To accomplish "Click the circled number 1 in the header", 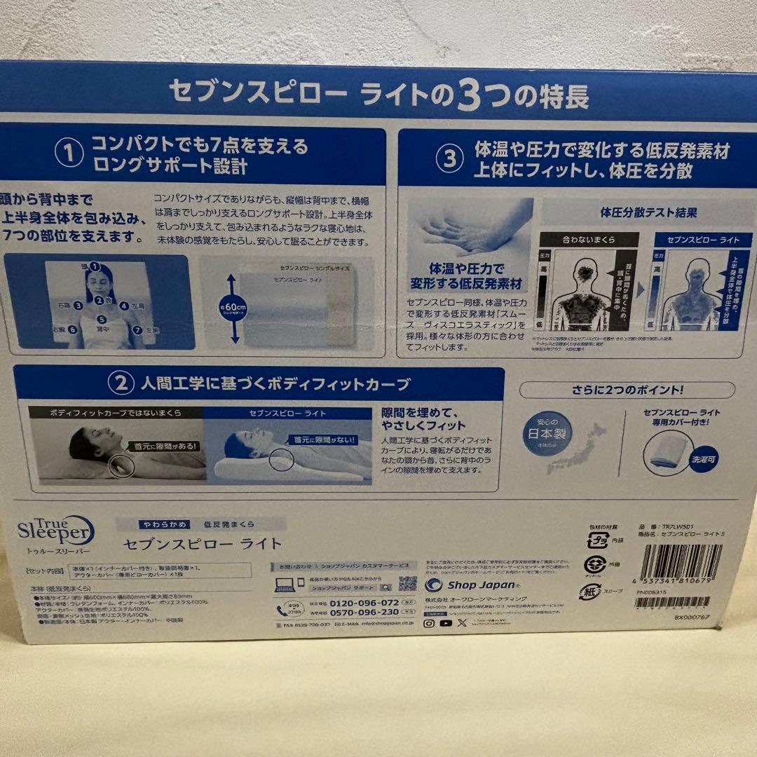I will tap(69, 156).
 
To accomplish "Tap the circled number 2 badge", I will tap(119, 383).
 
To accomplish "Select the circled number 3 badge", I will tap(449, 160).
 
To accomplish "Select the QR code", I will tap(407, 584).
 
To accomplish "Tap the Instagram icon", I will tap(430, 622).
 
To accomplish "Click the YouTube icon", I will tap(446, 622).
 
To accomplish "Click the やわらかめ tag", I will tap(153, 524).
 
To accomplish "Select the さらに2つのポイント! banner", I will tap(627, 390).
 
